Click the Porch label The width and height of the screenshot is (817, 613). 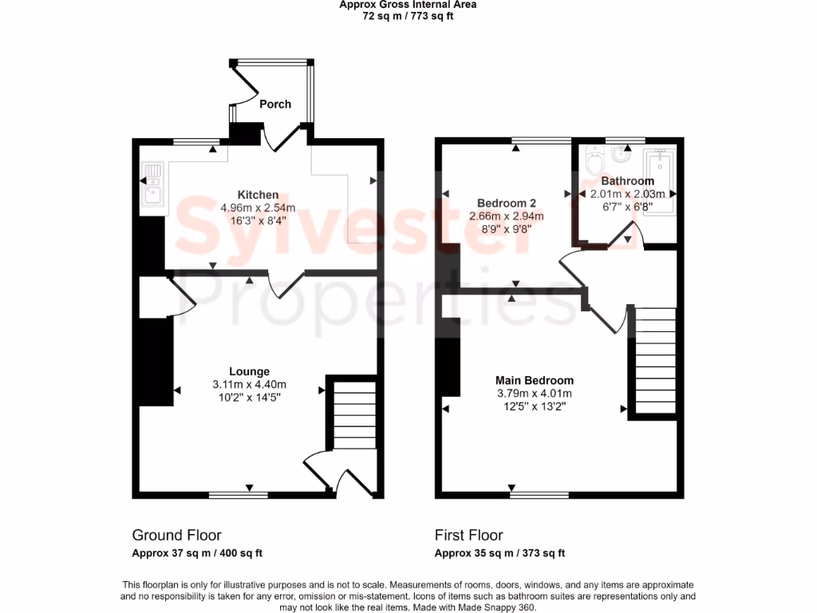click(275, 104)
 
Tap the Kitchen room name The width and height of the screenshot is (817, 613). click(258, 195)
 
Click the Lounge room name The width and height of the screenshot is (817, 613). click(249, 371)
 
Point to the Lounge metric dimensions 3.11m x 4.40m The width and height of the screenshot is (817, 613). click(249, 384)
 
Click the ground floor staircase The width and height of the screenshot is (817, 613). click(353, 415)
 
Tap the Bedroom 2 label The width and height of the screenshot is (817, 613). click(506, 203)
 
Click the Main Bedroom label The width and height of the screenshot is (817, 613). click(534, 380)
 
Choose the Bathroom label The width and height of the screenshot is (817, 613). click(627, 181)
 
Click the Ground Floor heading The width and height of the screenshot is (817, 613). click(176, 535)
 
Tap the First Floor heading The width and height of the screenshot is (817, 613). click(468, 535)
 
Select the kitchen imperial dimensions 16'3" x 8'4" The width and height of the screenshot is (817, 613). click(258, 221)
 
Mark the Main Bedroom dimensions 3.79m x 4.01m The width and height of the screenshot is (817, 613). click(534, 393)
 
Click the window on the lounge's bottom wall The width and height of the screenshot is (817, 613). click(239, 495)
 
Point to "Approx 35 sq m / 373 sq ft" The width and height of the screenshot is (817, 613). click(499, 553)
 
